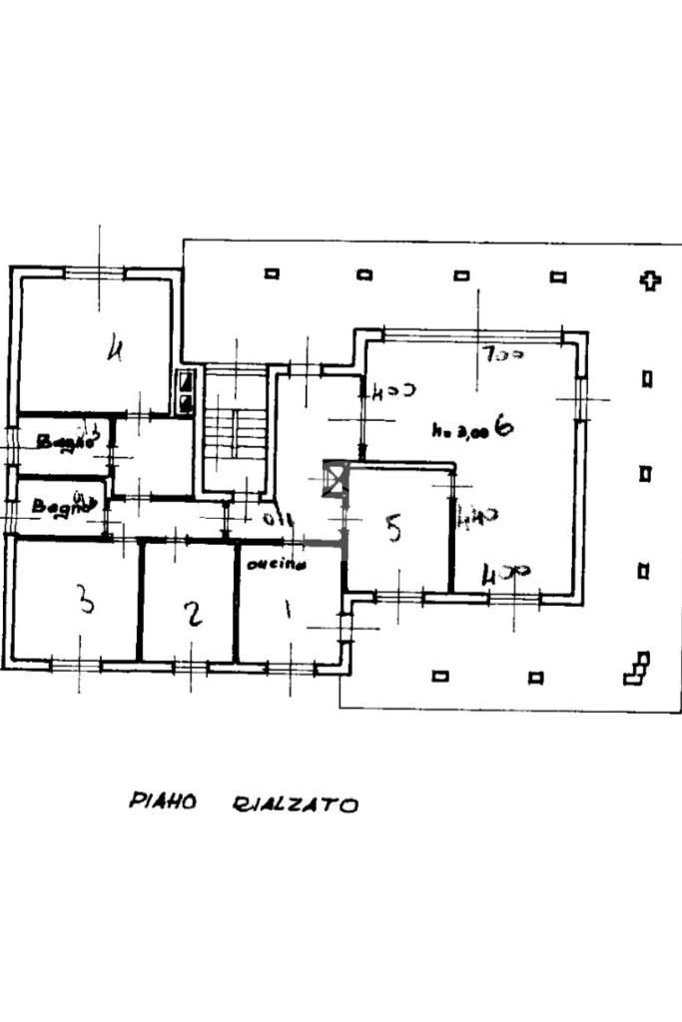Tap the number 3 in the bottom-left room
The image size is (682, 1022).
click(86, 602)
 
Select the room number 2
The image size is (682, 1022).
click(194, 613)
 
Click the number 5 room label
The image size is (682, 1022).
click(393, 528)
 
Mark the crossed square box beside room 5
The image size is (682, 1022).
click(336, 480)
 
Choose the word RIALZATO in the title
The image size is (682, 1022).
click(295, 804)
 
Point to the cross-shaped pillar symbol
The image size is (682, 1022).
click(650, 280)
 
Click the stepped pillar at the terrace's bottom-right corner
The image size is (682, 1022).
click(636, 670)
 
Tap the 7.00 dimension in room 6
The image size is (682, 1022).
click(501, 354)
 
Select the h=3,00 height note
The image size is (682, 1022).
click(459, 431)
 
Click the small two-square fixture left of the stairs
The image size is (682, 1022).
click(186, 391)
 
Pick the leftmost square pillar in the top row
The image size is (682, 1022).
click(272, 273)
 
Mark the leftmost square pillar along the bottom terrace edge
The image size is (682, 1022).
click(439, 676)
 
